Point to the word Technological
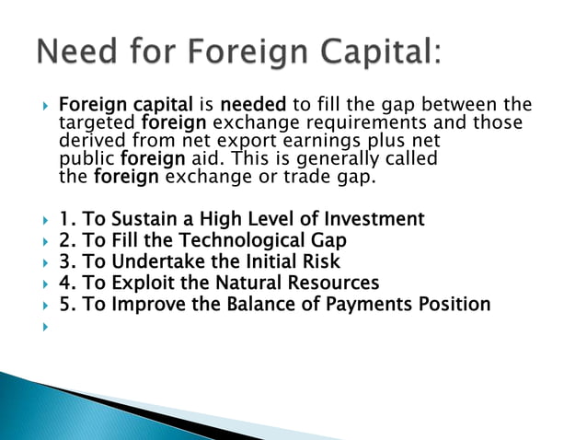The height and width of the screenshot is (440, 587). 242,240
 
